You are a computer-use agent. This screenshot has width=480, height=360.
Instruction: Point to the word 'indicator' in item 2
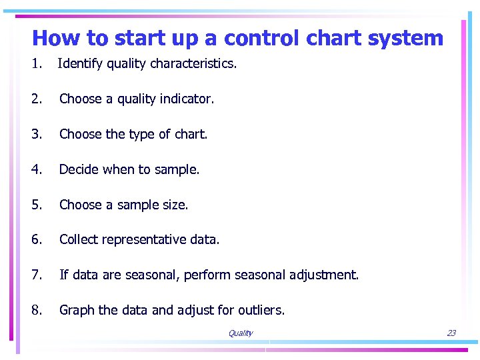coord(185,99)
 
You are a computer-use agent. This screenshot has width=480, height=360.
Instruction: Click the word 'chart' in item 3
coord(189,134)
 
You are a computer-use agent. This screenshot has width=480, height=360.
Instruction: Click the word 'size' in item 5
coord(175,205)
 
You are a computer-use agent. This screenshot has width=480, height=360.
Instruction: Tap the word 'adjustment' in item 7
coord(324,275)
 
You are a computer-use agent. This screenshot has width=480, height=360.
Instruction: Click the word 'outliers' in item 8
coord(261,310)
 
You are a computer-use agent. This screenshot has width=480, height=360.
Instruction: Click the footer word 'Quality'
coord(240,333)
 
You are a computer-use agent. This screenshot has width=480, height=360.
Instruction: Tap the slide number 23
coord(451,333)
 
